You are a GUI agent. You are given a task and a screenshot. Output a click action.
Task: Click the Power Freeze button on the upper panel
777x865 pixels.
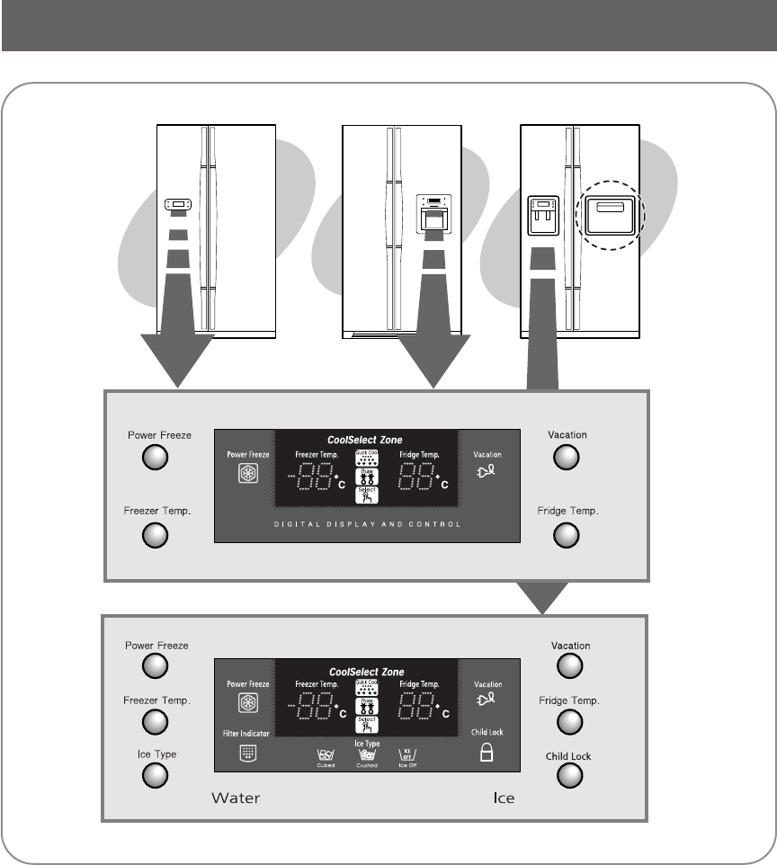(x=156, y=459)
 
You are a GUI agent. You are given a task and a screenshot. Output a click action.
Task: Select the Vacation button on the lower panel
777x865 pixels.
(x=570, y=665)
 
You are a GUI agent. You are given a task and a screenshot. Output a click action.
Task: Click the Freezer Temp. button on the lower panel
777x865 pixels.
(x=156, y=720)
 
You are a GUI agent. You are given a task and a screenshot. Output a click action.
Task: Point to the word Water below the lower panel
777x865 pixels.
(x=236, y=798)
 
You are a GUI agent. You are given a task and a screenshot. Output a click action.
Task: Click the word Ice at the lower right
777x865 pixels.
(x=504, y=798)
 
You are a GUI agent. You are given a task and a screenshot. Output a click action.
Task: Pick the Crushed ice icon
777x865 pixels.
(x=367, y=758)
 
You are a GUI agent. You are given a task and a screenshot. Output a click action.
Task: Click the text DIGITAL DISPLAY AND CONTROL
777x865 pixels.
(x=367, y=523)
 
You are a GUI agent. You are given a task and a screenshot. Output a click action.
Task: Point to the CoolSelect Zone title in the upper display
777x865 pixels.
(x=367, y=441)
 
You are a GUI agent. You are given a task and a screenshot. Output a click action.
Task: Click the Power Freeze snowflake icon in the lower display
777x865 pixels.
(x=242, y=704)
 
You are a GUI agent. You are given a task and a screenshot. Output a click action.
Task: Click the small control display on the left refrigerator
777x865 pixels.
(x=177, y=205)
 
